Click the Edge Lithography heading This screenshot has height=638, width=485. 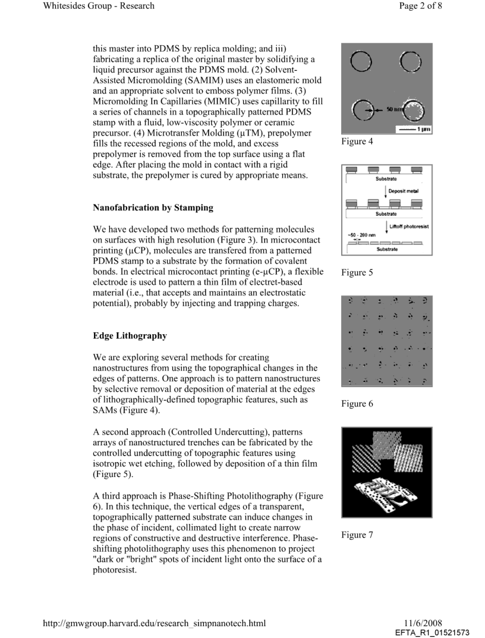tap(130, 335)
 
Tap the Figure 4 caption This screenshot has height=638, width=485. tap(357, 142)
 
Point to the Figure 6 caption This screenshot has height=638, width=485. tap(357, 404)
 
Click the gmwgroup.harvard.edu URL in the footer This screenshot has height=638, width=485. tap(155, 623)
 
